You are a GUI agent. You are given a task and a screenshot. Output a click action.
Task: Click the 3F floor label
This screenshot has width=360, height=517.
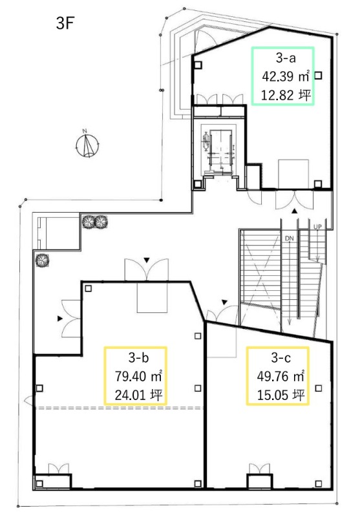click(65, 23)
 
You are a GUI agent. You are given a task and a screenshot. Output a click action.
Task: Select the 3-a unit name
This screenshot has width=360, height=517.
click(286, 58)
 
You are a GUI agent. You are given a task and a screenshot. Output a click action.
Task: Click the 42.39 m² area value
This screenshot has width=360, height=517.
click(286, 76)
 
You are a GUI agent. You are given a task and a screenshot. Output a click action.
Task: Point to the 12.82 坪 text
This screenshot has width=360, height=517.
click(286, 95)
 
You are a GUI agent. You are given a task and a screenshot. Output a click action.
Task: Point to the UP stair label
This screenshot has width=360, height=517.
click(317, 227)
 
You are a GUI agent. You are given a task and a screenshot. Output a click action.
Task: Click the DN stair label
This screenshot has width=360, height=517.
click(289, 238)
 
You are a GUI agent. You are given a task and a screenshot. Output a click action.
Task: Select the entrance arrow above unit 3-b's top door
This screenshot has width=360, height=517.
click(146, 260)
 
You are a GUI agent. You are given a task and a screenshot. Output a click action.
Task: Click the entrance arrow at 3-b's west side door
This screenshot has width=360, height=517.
click(60, 319)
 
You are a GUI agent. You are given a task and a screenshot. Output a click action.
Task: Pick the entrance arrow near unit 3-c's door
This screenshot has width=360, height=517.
click(224, 302)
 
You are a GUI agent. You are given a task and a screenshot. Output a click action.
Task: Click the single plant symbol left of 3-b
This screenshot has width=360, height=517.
click(43, 260)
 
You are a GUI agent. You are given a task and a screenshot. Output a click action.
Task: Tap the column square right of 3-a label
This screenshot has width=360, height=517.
click(318, 76)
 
